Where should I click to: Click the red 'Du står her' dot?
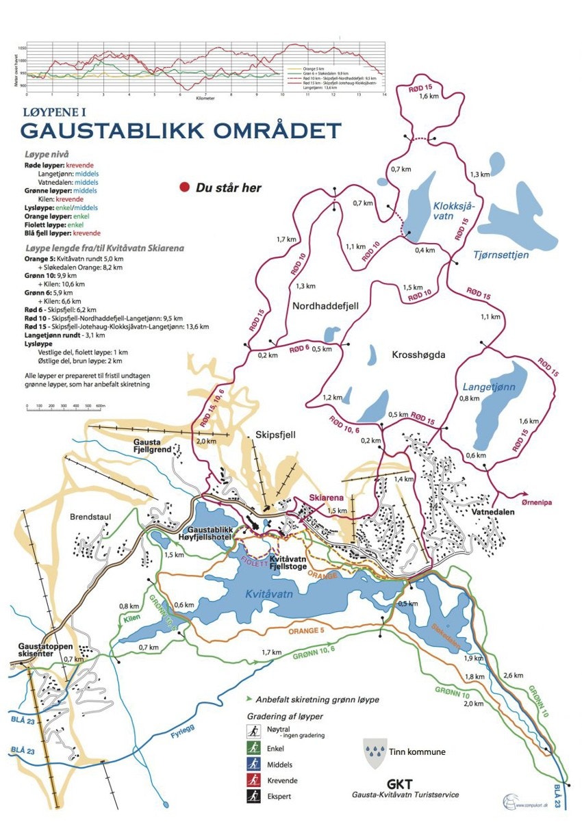[x=184, y=188]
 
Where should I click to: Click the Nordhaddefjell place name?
[x=325, y=306]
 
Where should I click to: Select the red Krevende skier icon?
[x=254, y=780]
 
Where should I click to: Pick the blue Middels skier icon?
[x=254, y=764]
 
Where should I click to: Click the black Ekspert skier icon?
[x=254, y=797]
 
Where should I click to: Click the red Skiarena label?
[x=325, y=498]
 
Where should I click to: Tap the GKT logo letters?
[x=400, y=784]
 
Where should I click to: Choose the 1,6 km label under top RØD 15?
[x=428, y=97]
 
